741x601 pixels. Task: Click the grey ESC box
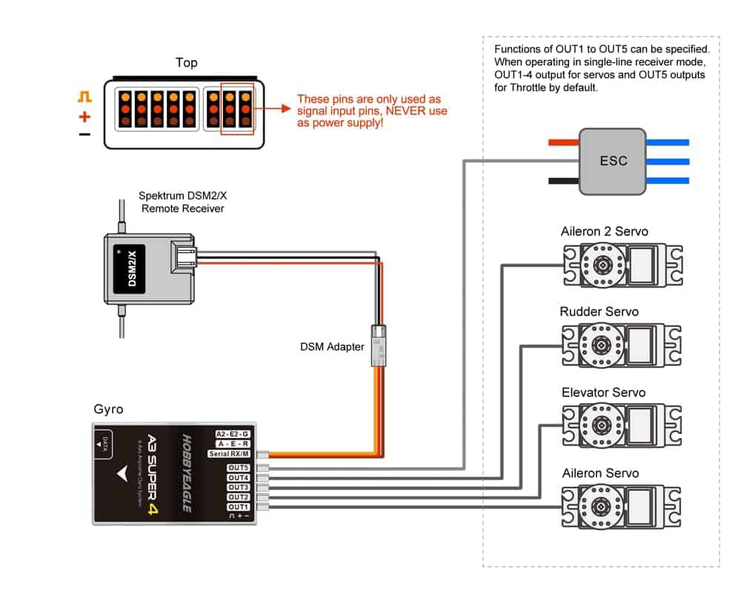(613, 160)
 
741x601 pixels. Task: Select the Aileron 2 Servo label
(604, 231)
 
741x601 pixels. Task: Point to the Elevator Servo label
(603, 392)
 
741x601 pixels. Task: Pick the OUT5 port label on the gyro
(239, 468)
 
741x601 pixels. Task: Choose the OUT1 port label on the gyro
(239, 506)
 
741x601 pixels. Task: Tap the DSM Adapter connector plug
(378, 345)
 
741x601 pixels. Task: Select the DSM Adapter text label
(332, 346)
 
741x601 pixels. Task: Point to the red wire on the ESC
(562, 142)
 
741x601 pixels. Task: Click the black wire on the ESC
(562, 180)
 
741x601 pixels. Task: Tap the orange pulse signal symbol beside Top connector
(84, 97)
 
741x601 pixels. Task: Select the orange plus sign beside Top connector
(84, 116)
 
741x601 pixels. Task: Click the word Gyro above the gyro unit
(108, 409)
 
